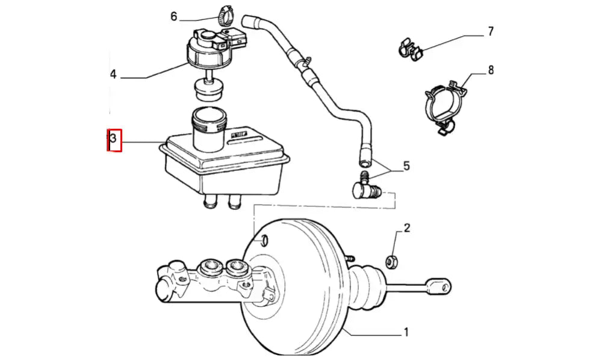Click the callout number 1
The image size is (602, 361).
pyautogui.click(x=406, y=332)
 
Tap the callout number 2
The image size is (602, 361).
pyautogui.click(x=407, y=228)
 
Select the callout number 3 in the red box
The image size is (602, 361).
pyautogui.click(x=114, y=141)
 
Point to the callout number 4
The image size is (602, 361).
pyautogui.click(x=113, y=75)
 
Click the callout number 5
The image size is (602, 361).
pyautogui.click(x=406, y=165)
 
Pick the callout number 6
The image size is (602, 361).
pyautogui.click(x=174, y=16)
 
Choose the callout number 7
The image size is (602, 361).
pyautogui.click(x=491, y=31)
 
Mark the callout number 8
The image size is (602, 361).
pyautogui.click(x=491, y=70)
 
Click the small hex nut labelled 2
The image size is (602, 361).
pyautogui.click(x=390, y=261)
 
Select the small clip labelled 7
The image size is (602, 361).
pyautogui.click(x=409, y=49)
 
